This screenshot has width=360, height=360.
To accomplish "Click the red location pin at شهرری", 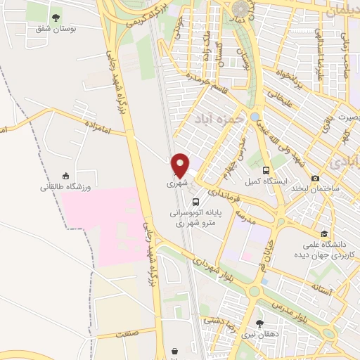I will click(x=181, y=165).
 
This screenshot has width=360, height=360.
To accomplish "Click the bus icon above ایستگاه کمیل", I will click(x=266, y=170).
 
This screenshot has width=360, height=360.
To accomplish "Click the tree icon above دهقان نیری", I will click(x=260, y=323).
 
